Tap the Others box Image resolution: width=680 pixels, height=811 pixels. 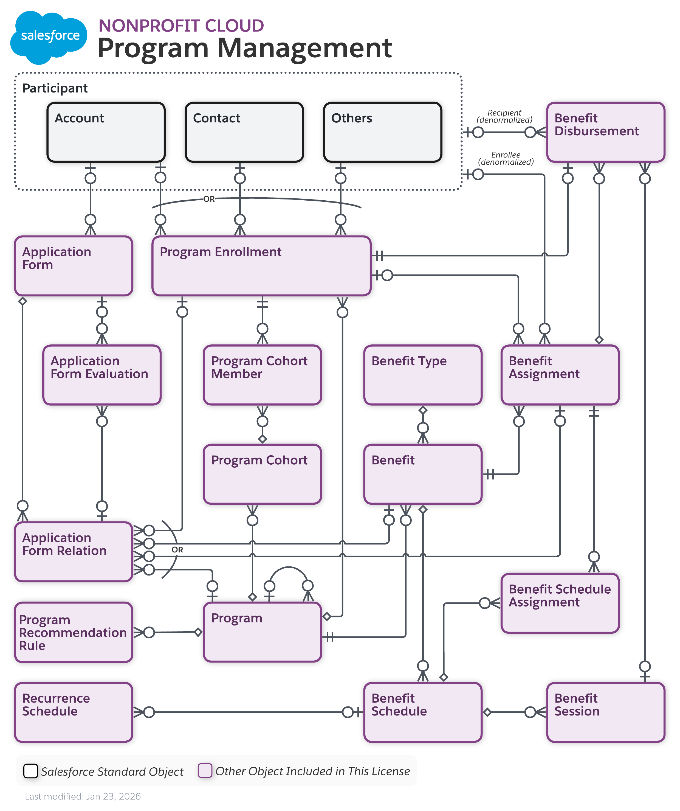(382, 132)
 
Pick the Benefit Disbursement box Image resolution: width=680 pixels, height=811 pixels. (605, 132)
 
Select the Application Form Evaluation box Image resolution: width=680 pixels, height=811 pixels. (101, 375)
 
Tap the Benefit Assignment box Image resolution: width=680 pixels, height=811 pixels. (560, 375)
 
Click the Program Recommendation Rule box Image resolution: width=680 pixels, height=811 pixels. (73, 632)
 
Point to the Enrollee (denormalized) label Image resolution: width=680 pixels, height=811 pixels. (506, 158)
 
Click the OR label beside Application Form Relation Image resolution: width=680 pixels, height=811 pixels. (177, 549)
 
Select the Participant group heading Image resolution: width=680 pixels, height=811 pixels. (55, 88)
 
